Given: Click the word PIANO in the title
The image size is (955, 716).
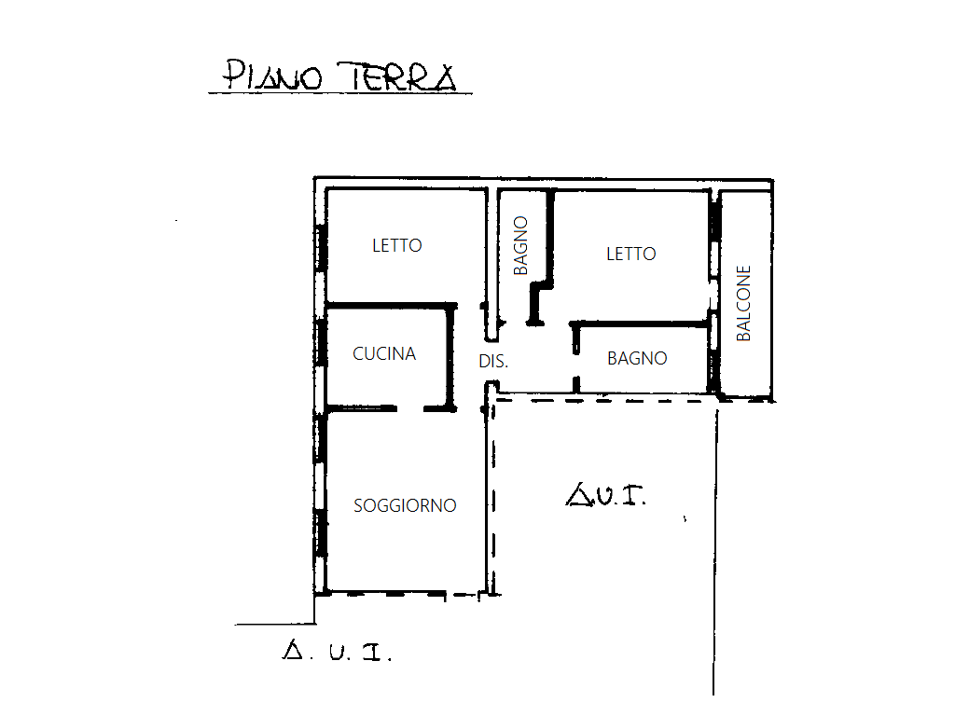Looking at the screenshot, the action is coord(272,76).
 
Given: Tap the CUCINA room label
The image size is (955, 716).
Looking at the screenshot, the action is coord(384,353).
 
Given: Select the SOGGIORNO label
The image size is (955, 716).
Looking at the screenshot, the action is coord(405,505).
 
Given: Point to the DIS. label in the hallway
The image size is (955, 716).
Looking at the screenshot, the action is coord(493,362).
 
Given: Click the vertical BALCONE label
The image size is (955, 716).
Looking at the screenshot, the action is coord(743,303).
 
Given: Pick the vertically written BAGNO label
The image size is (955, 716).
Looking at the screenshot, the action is coord(520,246).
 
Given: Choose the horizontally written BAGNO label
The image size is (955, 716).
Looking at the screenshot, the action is coord(637,358).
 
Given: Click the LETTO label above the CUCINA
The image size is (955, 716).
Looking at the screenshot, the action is coord(397,245).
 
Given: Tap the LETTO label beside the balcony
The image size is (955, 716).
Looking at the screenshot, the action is coord(631,254).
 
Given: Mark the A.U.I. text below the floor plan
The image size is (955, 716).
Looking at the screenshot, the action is coord(337,651).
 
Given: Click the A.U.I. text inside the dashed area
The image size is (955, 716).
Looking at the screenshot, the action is coord(605,495).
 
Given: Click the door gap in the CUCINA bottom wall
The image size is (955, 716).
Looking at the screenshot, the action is coord(410,408).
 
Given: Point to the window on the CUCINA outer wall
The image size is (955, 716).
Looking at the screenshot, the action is coord(321,342).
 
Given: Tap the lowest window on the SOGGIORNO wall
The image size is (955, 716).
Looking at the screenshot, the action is coord(321,532).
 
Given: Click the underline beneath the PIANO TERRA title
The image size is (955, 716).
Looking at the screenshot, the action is coord(340,94).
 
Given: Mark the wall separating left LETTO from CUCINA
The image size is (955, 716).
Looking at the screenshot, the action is coord(391,305).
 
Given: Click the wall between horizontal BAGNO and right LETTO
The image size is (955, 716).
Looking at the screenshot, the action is coord(641,324).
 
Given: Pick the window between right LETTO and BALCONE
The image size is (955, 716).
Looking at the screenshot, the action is coord(714,217).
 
